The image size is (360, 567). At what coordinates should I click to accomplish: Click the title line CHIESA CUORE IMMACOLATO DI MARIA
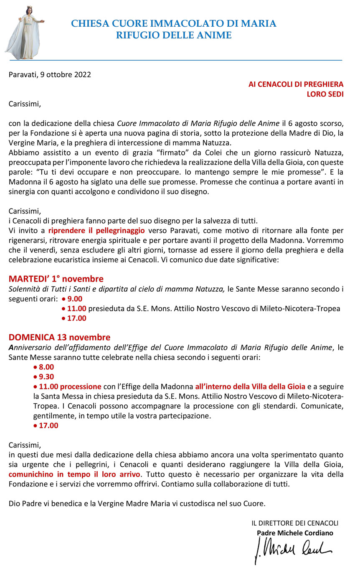174,23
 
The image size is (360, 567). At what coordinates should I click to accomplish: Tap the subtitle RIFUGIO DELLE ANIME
174,36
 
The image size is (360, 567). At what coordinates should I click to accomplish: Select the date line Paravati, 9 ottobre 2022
50,75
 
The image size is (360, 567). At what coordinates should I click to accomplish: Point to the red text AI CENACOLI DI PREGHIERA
296,84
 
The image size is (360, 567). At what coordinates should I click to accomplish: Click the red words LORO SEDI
325,94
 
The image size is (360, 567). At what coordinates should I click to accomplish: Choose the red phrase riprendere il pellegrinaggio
96,230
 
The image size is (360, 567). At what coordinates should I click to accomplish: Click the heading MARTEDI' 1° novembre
56,279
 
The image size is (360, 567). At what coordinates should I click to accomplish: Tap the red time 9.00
75,299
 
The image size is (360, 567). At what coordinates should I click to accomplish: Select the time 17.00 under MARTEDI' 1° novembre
76,318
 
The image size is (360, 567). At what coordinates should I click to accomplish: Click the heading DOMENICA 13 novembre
59,337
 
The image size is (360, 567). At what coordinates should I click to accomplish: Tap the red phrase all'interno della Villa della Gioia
250,386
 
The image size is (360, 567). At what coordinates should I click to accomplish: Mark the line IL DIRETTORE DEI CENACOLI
294,523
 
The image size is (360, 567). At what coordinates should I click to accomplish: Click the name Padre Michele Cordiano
295,533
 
